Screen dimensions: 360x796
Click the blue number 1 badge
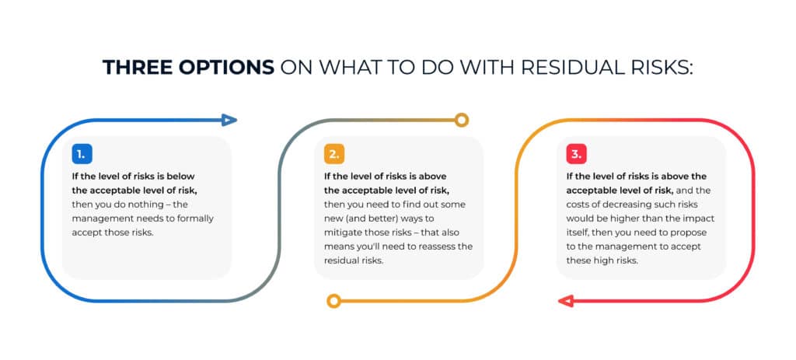click(x=83, y=153)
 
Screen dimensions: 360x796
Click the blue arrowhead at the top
click(x=229, y=120)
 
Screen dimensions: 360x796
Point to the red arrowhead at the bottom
click(x=566, y=301)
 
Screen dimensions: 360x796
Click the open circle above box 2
click(x=462, y=120)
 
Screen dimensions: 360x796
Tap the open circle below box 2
click(x=333, y=301)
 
